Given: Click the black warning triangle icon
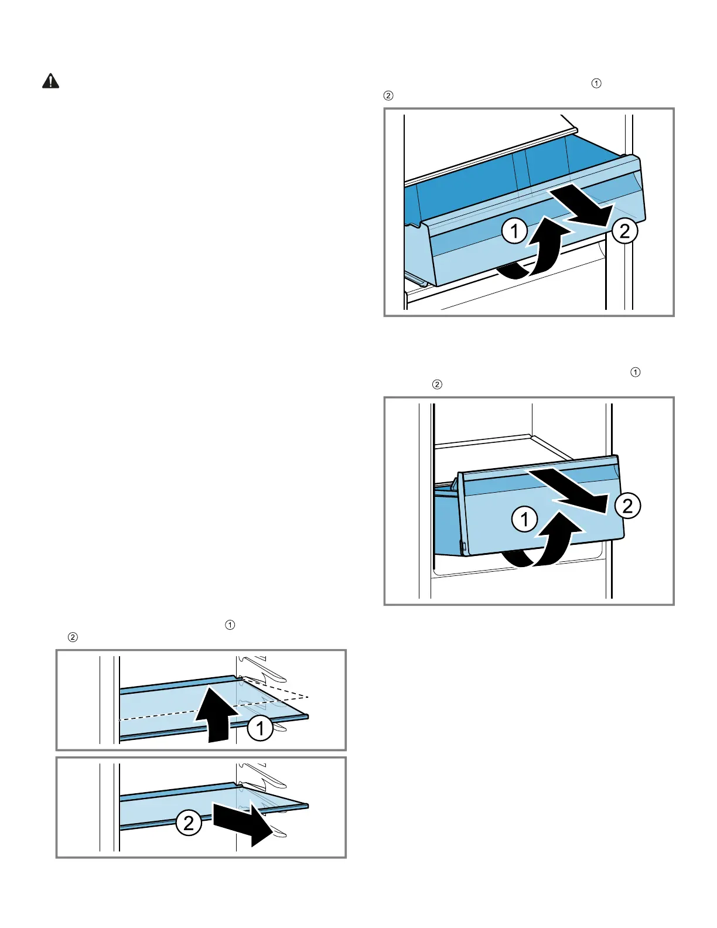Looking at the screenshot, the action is click(x=51, y=81).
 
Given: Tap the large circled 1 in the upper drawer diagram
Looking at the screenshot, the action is click(x=514, y=231).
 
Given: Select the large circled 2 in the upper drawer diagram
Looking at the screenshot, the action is click(x=624, y=231).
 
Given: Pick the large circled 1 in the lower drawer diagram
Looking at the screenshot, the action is click(x=524, y=518).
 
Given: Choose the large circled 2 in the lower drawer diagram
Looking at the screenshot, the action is click(x=627, y=506).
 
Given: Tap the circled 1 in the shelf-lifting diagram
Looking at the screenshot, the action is click(x=260, y=728).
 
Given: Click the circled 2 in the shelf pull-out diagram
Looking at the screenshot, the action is click(x=189, y=823).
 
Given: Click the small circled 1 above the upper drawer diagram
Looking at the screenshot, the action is click(x=596, y=83).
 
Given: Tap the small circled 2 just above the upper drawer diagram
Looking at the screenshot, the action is click(x=388, y=95).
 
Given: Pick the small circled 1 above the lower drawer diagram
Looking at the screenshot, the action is click(x=636, y=372).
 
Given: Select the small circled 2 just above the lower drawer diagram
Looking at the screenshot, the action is click(x=436, y=384).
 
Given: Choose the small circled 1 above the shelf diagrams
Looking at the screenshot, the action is click(x=230, y=625).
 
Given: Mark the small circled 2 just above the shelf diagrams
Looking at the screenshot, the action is click(x=73, y=637).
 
